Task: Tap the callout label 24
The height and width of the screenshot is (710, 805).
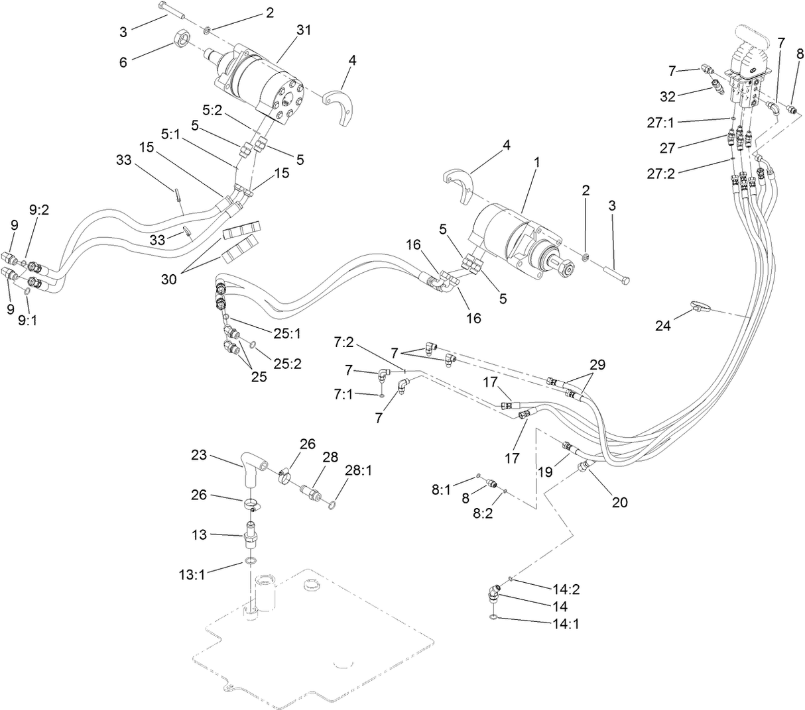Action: pos(663,325)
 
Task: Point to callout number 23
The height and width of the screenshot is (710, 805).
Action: pos(200,456)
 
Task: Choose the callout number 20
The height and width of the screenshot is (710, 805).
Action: pos(619,502)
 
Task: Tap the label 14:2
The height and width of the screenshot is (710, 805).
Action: pos(566,589)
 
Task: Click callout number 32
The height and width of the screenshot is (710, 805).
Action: pos(667,96)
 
